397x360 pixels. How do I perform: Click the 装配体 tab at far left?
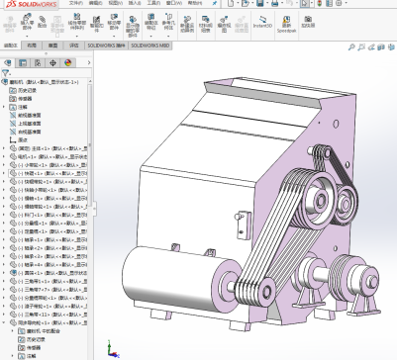11,45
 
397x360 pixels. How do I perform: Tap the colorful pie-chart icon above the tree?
65,58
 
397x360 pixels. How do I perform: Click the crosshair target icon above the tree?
50,58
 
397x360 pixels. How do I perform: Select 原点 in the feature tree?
24,138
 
